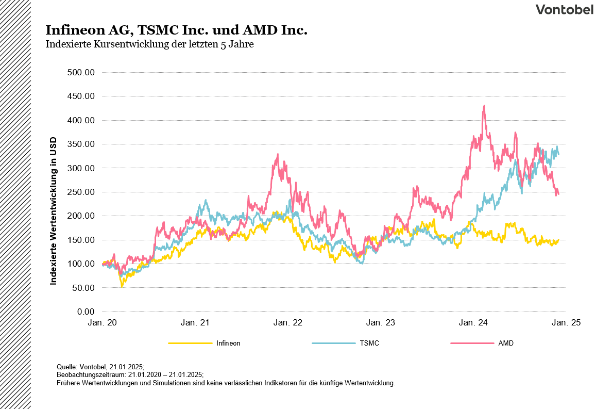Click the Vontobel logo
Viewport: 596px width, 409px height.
tap(564, 9)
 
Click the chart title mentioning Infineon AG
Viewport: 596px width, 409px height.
tap(176, 30)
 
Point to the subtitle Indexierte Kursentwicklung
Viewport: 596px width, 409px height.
tap(149, 44)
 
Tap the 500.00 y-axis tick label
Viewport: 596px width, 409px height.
tap(81, 72)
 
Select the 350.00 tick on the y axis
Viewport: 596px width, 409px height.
tap(81, 144)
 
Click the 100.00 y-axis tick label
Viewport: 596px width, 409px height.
tap(81, 264)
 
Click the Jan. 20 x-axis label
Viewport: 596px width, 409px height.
tap(102, 323)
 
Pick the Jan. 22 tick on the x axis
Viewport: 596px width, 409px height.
tap(288, 323)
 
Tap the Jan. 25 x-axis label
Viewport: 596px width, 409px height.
tap(566, 323)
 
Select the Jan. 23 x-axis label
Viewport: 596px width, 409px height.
tap(381, 323)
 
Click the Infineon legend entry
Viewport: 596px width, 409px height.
tap(228, 343)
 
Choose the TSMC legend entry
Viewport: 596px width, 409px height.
tap(369, 343)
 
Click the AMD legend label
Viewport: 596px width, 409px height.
tap(506, 343)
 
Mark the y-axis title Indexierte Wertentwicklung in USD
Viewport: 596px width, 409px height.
tap(53, 211)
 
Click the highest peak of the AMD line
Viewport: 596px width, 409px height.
tap(484, 106)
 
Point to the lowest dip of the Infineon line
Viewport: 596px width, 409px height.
tap(122, 285)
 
